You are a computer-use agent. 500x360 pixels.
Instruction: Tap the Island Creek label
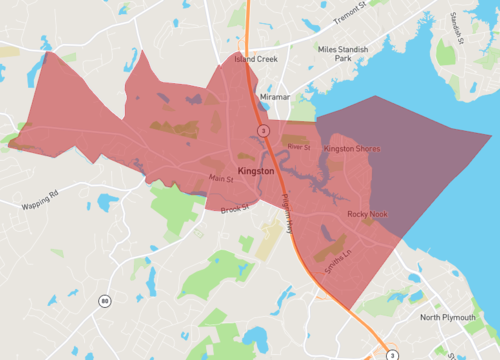255,59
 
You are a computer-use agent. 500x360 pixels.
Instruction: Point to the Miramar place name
274,97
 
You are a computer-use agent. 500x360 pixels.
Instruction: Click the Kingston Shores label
353,148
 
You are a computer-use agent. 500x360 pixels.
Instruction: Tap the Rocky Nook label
366,214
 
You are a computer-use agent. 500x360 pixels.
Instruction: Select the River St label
299,147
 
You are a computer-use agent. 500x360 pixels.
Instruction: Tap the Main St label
220,178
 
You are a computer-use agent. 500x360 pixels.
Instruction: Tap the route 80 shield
104,301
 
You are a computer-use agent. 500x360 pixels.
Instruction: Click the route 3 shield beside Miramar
263,131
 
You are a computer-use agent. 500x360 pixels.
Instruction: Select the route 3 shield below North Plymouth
393,355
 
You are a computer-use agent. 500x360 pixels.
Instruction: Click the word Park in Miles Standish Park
343,59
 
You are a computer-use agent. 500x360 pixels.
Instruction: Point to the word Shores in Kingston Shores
369,148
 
